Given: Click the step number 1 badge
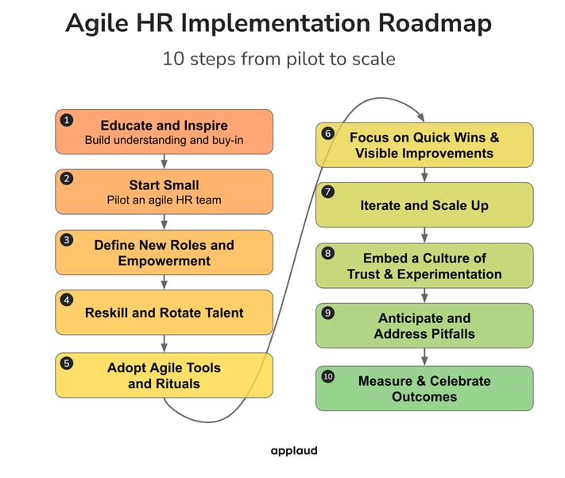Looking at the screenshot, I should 67,119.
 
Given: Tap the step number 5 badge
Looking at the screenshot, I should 67,363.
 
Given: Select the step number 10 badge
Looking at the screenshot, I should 327,375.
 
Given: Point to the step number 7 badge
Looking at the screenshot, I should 327,192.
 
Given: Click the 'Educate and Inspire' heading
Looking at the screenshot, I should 164,126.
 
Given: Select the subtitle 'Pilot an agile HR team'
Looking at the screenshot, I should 164,200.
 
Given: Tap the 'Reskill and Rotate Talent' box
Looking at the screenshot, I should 164,313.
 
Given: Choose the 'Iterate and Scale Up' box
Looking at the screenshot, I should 424,205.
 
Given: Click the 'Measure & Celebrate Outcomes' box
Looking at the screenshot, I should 424,388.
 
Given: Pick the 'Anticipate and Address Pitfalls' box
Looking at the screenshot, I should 424,326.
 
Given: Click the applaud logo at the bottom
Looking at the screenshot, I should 293,451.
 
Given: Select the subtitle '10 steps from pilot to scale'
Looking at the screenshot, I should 279,60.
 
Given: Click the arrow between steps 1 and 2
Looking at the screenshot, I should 164,161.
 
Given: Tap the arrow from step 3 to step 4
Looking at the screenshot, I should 164,282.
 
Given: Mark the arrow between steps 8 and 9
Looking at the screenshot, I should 424,295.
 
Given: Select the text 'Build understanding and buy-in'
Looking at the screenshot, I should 164,141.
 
